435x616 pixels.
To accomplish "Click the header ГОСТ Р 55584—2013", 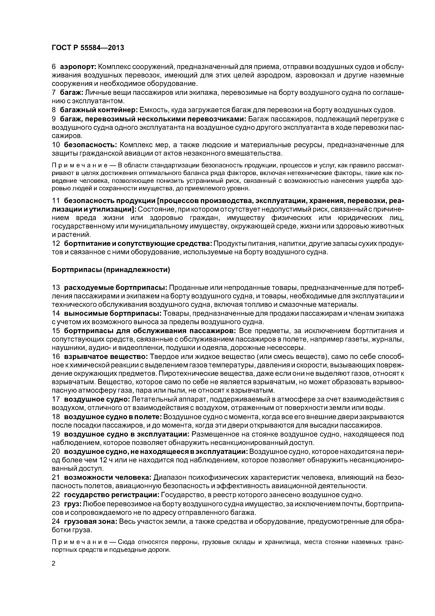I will (88, 48).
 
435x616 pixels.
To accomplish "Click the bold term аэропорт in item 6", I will (78, 67).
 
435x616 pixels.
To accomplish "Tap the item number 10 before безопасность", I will (56, 145).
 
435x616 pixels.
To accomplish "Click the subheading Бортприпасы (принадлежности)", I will (111, 270).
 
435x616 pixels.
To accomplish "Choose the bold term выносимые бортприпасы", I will (113, 313).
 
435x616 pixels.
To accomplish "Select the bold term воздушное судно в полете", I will (113, 417).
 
